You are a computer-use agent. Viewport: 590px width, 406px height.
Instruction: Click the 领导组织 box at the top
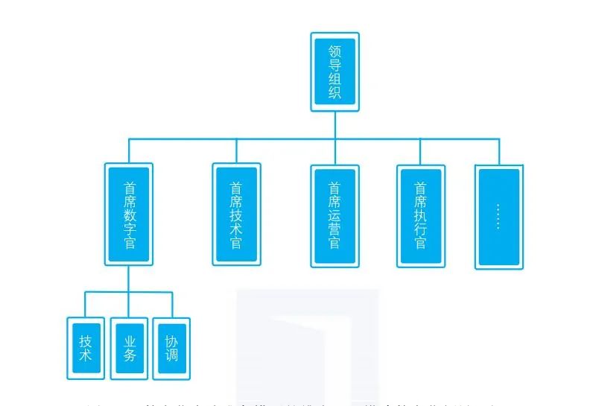[x=334, y=72]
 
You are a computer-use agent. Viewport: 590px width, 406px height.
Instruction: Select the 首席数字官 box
[x=129, y=215]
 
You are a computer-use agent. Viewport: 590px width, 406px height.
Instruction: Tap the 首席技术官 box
[x=236, y=215]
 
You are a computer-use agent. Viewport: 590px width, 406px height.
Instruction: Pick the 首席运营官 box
[x=334, y=216]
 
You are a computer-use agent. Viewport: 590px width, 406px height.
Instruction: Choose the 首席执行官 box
[x=421, y=216]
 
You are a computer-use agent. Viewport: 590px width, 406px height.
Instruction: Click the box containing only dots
[x=498, y=217]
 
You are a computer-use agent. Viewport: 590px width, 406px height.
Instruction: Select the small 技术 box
[x=85, y=348]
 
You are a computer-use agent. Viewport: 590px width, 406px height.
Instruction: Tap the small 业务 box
[x=129, y=348]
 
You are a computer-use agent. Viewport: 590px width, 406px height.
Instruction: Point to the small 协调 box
[x=171, y=348]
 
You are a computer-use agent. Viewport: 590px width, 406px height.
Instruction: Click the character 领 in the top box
[x=334, y=51]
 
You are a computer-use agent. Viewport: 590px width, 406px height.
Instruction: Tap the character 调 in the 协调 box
[x=171, y=355]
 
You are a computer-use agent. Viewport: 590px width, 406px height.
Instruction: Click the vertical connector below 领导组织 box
[x=334, y=125]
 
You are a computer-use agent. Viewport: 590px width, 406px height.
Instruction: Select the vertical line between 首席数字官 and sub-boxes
[x=129, y=279]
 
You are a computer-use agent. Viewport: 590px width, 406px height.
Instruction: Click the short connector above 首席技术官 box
[x=236, y=150]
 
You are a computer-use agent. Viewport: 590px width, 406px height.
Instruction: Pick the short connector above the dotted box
[x=498, y=151]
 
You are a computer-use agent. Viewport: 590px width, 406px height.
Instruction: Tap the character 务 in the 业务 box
[x=129, y=355]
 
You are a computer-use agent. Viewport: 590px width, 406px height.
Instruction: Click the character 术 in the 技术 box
[x=85, y=355]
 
